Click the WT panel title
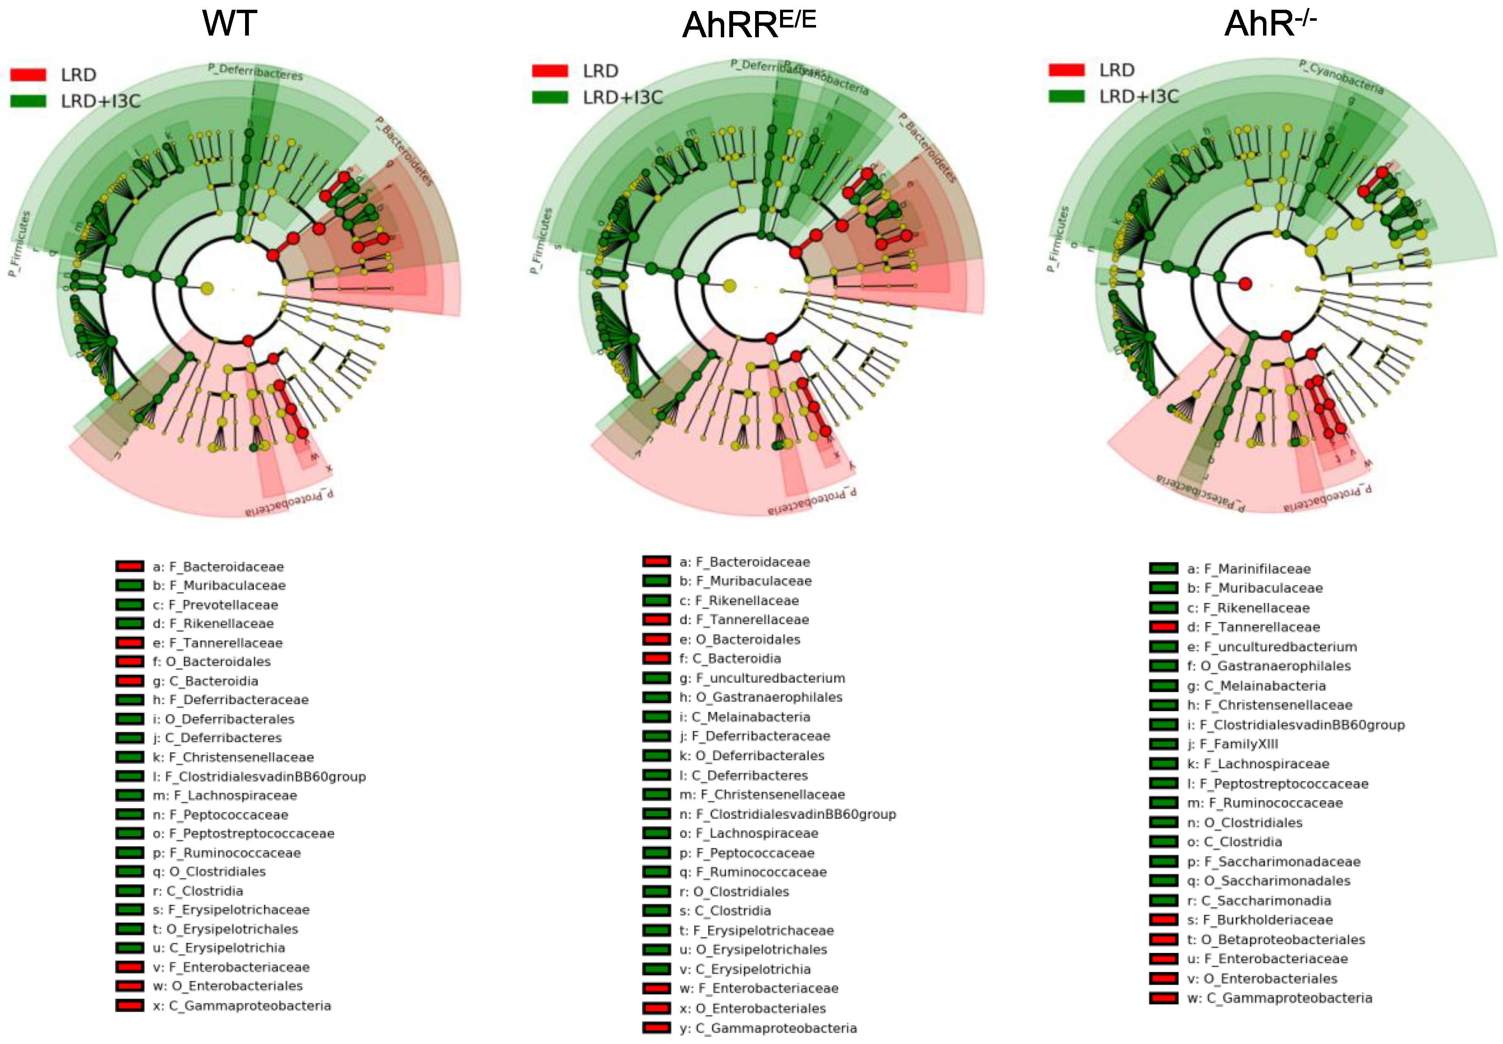(x=229, y=24)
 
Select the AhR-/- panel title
(x=1269, y=24)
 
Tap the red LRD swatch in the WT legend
(x=28, y=75)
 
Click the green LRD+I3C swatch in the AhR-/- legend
(x=1066, y=96)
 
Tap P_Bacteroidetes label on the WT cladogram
(x=404, y=150)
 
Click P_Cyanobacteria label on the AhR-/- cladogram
(x=1341, y=77)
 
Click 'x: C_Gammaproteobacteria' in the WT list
(x=242, y=1005)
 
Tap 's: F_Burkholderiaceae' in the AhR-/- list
(x=1260, y=920)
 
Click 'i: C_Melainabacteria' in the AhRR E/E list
(x=745, y=716)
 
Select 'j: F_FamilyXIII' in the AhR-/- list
(x=1232, y=744)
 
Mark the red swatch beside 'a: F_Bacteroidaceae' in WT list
(x=130, y=566)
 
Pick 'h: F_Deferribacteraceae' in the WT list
(x=230, y=699)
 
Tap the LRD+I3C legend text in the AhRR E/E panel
(x=623, y=97)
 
